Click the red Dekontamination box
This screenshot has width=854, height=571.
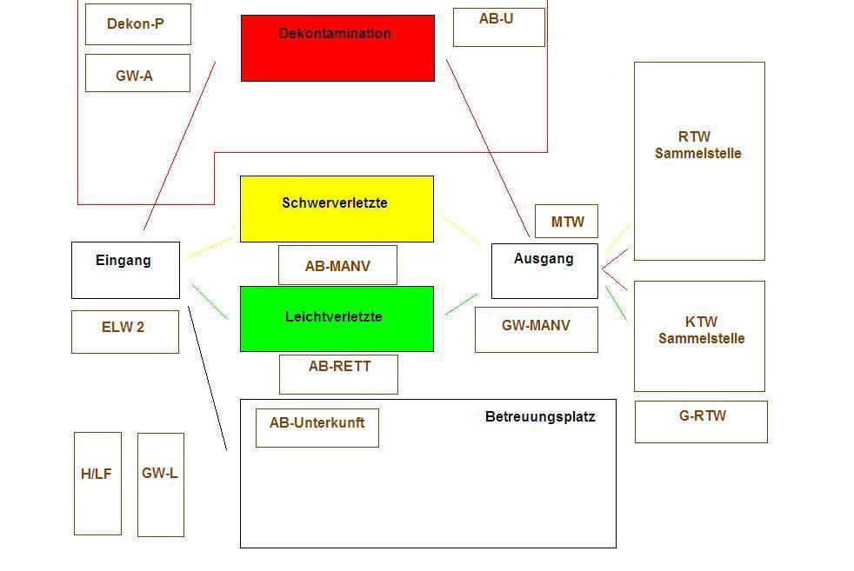pyautogui.click(x=337, y=49)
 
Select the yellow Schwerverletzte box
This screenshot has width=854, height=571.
pyautogui.click(x=337, y=209)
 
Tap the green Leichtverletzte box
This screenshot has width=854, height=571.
pyautogui.click(x=337, y=319)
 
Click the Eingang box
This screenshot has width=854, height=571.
pyautogui.click(x=125, y=270)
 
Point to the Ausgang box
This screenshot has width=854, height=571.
pyautogui.click(x=544, y=271)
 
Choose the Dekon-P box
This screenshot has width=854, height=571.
pyautogui.click(x=137, y=24)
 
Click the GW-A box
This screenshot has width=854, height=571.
pyautogui.click(x=137, y=73)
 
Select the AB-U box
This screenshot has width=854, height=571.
pyautogui.click(x=498, y=27)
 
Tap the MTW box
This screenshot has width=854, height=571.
pyautogui.click(x=566, y=222)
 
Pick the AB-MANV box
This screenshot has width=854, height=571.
pyautogui.click(x=337, y=265)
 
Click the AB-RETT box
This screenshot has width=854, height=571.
pyautogui.click(x=338, y=374)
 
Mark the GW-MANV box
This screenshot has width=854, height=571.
pyautogui.click(x=536, y=329)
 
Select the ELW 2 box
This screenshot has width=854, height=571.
pyautogui.click(x=124, y=332)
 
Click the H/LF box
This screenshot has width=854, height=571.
pyautogui.click(x=97, y=483)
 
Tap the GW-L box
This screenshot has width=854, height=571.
pyautogui.click(x=160, y=484)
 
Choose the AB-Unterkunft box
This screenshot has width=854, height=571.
pyautogui.click(x=317, y=428)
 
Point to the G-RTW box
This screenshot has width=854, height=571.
pyautogui.click(x=701, y=422)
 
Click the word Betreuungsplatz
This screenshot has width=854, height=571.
pyautogui.click(x=540, y=417)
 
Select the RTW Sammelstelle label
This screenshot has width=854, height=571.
pyautogui.click(x=698, y=145)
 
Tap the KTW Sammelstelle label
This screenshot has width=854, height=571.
pyautogui.click(x=701, y=330)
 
